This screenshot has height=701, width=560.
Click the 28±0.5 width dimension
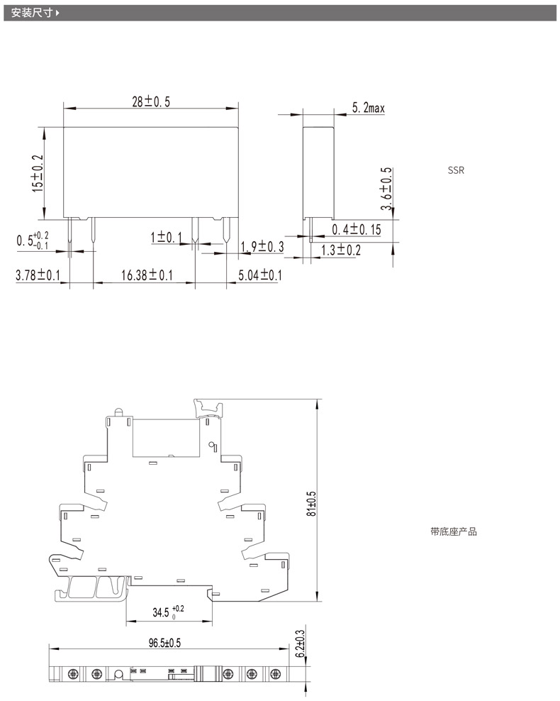pos(151,102)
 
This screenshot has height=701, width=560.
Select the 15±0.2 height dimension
pos(38,173)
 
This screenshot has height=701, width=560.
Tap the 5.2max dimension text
pos(368,108)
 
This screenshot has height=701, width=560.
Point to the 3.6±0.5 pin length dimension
pos(386,188)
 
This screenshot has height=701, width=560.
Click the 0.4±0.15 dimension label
pos(357,229)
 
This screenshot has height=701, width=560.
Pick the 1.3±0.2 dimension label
pos(341,250)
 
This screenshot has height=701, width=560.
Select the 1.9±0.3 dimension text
pos(262,246)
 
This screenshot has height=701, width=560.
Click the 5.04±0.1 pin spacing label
pos(260,275)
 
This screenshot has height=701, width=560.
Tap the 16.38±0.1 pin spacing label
pos(147,275)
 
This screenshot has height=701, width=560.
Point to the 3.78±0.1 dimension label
pos(38,275)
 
